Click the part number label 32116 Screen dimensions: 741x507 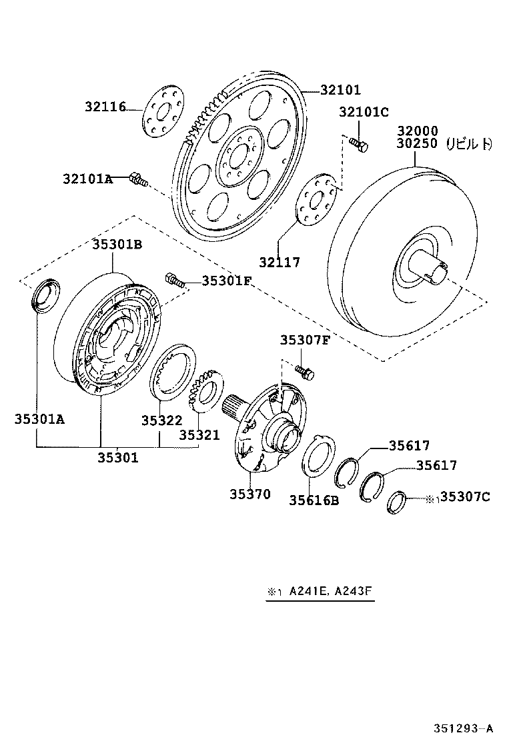[x=105, y=106]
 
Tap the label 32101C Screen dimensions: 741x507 [x=364, y=112]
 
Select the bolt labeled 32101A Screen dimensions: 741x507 [x=139, y=179]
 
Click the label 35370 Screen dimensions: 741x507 [x=251, y=494]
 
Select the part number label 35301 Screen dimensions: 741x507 [x=118, y=457]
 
